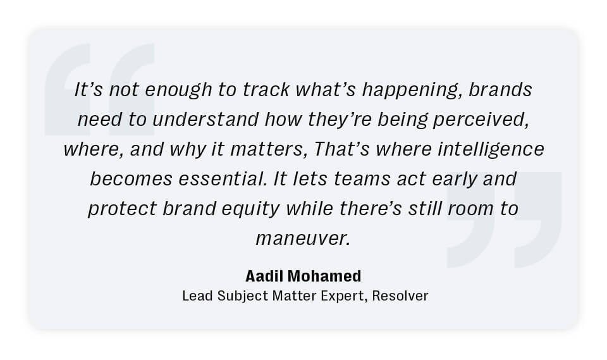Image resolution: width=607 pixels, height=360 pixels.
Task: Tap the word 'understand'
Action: tap(205, 119)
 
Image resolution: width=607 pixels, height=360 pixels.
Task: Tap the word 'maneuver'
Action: tap(303, 239)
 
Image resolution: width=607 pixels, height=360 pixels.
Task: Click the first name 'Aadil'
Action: tap(264, 276)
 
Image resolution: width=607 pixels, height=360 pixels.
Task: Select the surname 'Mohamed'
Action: tap(324, 276)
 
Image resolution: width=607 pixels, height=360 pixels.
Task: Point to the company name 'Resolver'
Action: tap(400, 296)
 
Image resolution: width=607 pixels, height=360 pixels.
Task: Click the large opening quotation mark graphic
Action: tap(99, 89)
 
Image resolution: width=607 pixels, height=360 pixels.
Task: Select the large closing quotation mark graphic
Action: tap(504, 220)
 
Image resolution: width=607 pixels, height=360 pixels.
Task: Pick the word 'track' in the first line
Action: tap(266, 90)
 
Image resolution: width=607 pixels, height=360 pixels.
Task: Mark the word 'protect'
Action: tap(122, 209)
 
